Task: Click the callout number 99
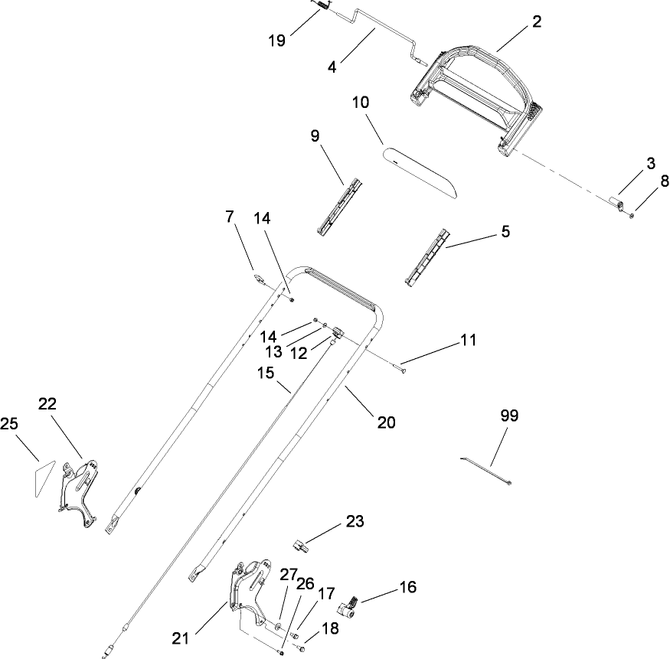point(508,416)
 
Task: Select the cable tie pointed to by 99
point(484,470)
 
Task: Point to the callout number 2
point(537,21)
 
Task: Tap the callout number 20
point(387,422)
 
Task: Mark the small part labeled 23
point(301,546)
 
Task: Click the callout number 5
point(505,230)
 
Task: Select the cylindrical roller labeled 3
point(616,202)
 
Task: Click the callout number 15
point(264,373)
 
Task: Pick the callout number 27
point(287,574)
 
